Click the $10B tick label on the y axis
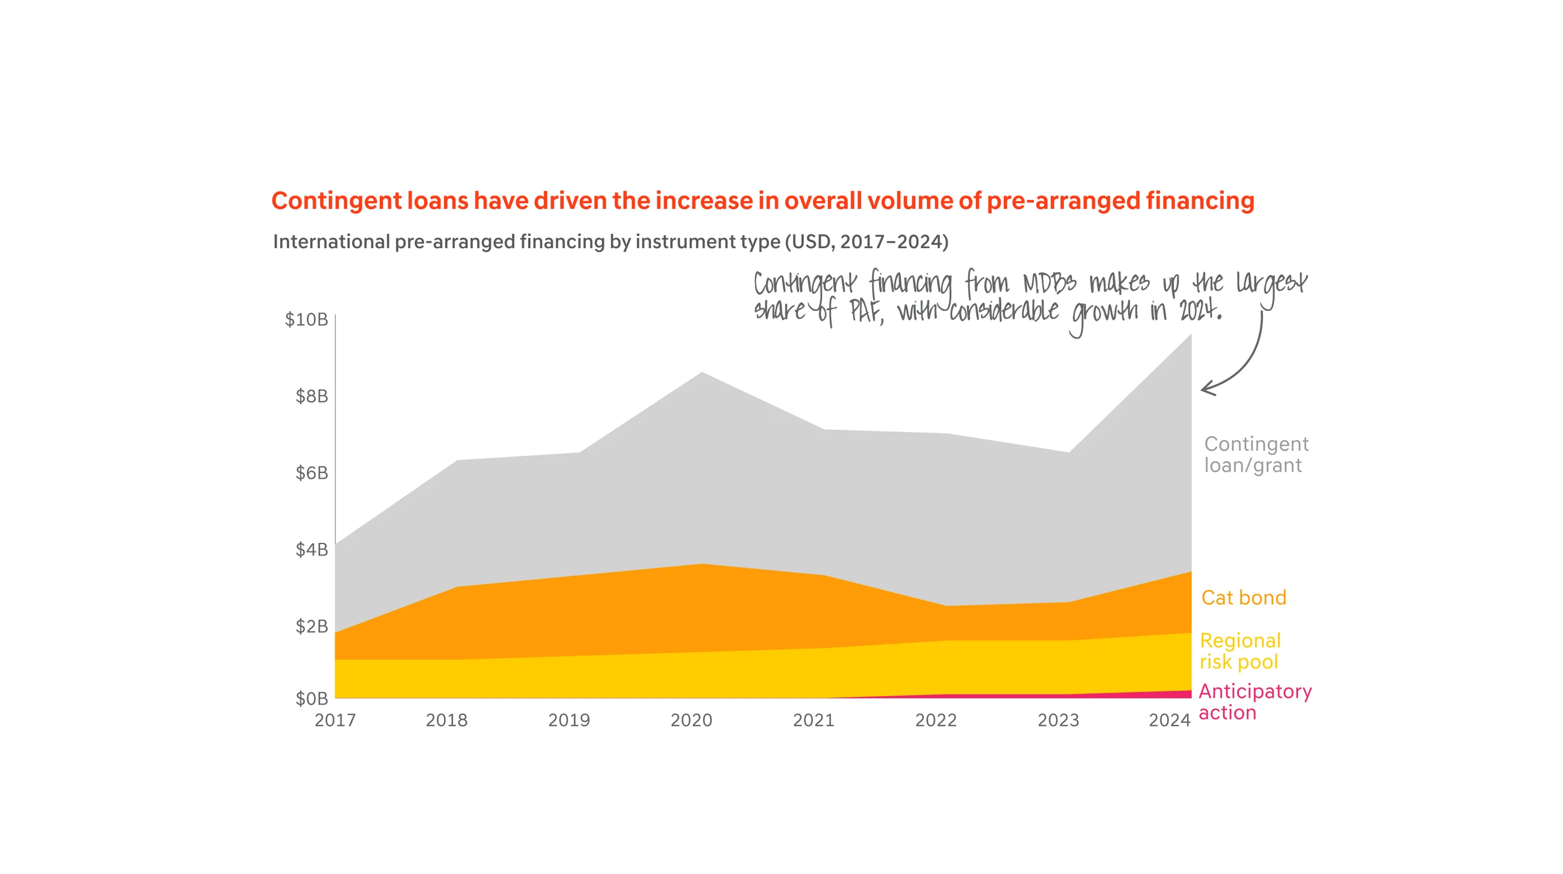306,319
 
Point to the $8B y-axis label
311,396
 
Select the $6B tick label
311,473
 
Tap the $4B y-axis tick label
311,549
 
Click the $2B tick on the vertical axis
311,626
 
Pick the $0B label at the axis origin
311,699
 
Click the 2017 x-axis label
335,720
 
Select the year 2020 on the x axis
691,720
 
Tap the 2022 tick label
936,720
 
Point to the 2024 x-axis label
1169,720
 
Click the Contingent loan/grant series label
1255,455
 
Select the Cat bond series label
1243,598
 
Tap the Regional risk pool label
1240,651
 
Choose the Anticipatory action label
1254,702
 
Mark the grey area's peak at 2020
702,373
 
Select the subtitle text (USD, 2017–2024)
866,242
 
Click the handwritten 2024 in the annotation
1199,311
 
